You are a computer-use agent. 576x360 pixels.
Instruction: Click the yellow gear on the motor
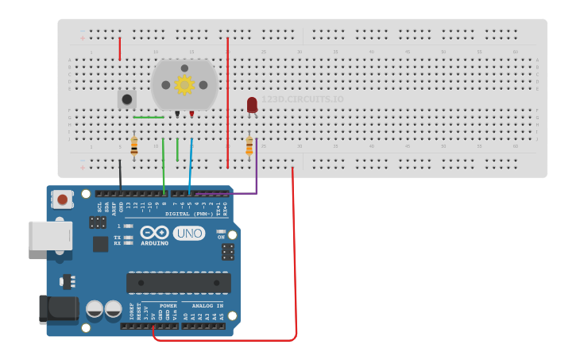tap(184, 84)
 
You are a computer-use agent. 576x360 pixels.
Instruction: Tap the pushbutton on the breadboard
tap(126, 99)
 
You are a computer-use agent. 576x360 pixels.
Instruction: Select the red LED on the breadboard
tap(252, 105)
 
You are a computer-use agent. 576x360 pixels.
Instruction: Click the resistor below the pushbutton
tap(133, 145)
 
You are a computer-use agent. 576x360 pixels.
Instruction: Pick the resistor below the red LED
tap(249, 145)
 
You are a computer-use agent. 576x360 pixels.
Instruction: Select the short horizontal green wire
tap(149, 118)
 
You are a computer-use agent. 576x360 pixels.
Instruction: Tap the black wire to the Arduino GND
tap(120, 175)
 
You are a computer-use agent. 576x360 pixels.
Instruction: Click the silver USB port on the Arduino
tap(49, 236)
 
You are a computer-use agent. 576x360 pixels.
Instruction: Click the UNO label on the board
tap(189, 234)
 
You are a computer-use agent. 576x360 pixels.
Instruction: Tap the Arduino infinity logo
tap(154, 232)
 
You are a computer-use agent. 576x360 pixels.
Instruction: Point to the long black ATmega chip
tap(178, 282)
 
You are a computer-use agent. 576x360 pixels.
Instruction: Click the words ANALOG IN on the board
tap(204, 306)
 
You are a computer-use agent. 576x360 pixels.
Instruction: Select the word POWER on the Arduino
tap(168, 306)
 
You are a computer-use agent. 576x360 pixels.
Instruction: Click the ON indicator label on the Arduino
tap(222, 237)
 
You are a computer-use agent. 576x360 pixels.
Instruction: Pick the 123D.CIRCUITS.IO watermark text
tap(303, 99)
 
